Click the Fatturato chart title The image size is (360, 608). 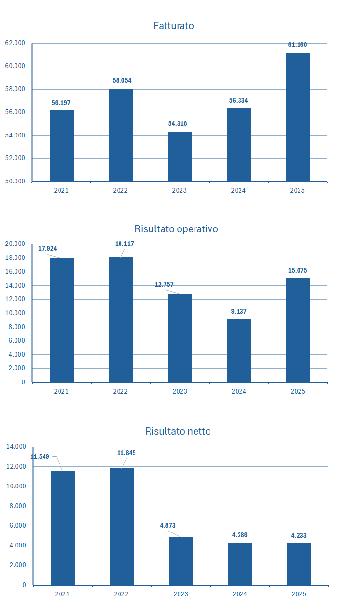coord(174,26)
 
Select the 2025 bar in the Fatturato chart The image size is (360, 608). coord(298,117)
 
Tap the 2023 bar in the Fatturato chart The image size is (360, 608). coord(180,156)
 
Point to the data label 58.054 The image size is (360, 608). coord(122,81)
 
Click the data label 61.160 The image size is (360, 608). coord(298,45)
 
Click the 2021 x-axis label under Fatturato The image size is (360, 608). coord(61,191)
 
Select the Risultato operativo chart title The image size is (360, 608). coord(176,229)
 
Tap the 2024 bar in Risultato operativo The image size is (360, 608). coord(239,350)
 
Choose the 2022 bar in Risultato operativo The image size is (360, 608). coord(120,319)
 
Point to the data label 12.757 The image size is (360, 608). coord(164,285)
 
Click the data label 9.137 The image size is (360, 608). coord(239,312)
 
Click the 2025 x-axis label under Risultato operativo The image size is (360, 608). coord(298,391)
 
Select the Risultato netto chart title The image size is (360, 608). coord(178,431)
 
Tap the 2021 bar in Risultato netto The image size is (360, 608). coord(62,528)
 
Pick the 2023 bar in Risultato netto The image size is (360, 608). coord(180,561)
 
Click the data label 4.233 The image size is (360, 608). coord(299,536)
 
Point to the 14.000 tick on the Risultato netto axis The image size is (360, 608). coord(15,447)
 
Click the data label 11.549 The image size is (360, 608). coord(40,456)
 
